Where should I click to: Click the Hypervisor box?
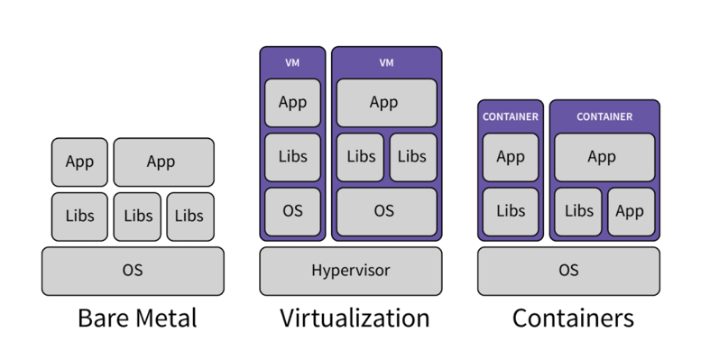tap(350, 271)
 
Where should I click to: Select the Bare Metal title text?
tap(137, 318)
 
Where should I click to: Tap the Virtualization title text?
tap(354, 318)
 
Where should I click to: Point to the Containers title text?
tap(573, 318)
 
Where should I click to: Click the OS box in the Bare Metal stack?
tap(133, 271)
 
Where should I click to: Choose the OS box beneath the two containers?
tap(568, 271)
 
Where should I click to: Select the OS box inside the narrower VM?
tap(292, 211)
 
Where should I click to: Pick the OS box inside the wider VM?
tap(386, 211)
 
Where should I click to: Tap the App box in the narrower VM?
tap(292, 102)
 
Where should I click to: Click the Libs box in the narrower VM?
tap(292, 157)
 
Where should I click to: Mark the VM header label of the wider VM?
tap(386, 62)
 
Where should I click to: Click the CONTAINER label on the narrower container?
tap(511, 116)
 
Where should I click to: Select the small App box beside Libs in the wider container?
tap(630, 211)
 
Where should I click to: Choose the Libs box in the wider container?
tap(578, 211)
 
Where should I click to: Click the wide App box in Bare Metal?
tap(163, 162)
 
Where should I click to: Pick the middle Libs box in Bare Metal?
tap(137, 216)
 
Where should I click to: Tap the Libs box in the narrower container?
tap(511, 211)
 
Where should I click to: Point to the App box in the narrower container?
tap(511, 157)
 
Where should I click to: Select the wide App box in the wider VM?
tap(386, 102)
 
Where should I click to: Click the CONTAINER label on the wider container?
tap(604, 116)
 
